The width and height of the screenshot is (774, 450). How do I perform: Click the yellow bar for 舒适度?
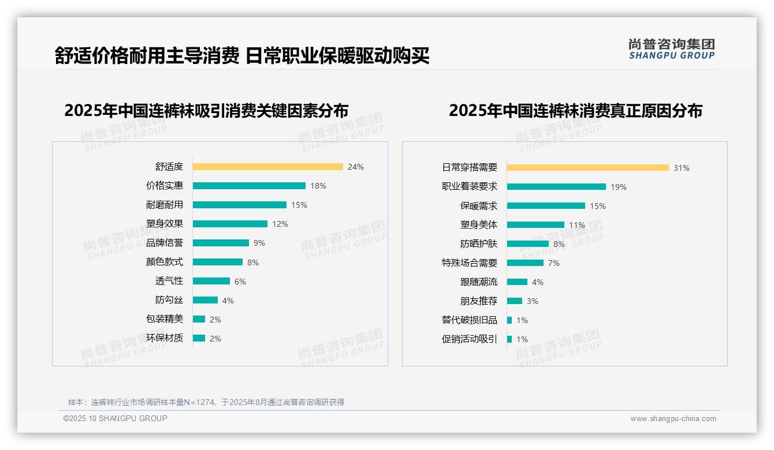tap(267, 167)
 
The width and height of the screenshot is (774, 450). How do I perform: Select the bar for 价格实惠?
tap(249, 186)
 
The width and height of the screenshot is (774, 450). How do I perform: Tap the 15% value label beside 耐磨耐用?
tap(299, 205)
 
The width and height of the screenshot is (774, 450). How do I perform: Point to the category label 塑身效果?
tap(165, 224)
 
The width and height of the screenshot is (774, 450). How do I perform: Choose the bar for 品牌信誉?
tap(221, 243)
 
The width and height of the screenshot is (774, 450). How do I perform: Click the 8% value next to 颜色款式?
tap(253, 262)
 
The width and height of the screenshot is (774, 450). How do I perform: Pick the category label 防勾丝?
tap(169, 300)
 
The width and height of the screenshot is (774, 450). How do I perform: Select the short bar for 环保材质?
tap(199, 338)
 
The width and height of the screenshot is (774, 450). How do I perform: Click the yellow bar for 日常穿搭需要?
tap(587, 167)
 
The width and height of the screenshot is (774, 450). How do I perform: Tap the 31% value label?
tap(682, 168)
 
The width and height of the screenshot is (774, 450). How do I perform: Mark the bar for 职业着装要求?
tap(556, 186)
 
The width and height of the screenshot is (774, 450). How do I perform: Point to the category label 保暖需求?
tap(479, 206)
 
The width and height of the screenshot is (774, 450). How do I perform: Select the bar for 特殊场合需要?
tap(525, 262)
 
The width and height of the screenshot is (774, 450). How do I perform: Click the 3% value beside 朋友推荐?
tap(532, 301)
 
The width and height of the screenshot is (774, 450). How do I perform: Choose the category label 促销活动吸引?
tap(470, 339)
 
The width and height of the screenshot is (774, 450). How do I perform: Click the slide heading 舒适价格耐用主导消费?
tap(147, 56)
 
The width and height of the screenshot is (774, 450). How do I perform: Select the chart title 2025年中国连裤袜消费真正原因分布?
tap(575, 110)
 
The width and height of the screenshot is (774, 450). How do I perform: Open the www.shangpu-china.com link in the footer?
tap(673, 419)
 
